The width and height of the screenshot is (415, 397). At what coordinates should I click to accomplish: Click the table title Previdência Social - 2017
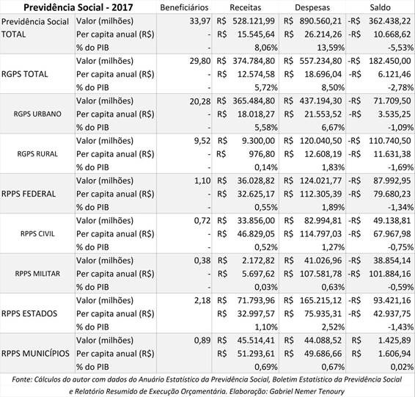pyautogui.click(x=78, y=7)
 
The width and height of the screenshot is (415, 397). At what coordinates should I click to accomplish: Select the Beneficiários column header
pyautogui.click(x=184, y=7)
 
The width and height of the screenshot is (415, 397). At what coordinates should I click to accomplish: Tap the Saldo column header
pyautogui.click(x=380, y=7)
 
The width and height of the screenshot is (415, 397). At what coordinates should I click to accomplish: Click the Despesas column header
pyautogui.click(x=312, y=7)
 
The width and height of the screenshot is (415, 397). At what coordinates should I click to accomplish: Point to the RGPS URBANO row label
pyautogui.click(x=37, y=114)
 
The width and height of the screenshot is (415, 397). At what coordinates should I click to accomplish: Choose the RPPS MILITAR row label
pyautogui.click(x=37, y=274)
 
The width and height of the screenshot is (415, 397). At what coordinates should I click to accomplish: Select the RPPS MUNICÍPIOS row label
pyautogui.click(x=35, y=353)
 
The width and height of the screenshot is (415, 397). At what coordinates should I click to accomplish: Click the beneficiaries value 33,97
pyautogui.click(x=200, y=21)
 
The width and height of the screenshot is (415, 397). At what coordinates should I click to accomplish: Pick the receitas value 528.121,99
pyautogui.click(x=254, y=21)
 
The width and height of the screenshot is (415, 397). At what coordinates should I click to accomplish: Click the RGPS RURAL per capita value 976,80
pyautogui.click(x=262, y=154)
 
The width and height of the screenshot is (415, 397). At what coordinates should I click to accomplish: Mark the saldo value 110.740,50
pyautogui.click(x=390, y=141)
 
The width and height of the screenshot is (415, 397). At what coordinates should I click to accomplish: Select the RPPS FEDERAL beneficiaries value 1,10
pyautogui.click(x=202, y=181)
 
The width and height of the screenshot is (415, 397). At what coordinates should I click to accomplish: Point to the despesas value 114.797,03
pyautogui.click(x=320, y=234)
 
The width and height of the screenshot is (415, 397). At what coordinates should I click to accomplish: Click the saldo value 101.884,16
pyautogui.click(x=390, y=274)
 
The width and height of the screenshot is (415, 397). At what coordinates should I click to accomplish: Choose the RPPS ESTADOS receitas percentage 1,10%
pyautogui.click(x=266, y=327)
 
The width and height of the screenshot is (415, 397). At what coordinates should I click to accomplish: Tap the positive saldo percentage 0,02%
pyautogui.click(x=402, y=367)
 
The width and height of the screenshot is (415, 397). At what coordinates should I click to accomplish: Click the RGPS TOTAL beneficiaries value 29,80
pyautogui.click(x=200, y=61)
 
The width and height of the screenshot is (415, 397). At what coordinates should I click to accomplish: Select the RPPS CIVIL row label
pyautogui.click(x=37, y=233)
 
